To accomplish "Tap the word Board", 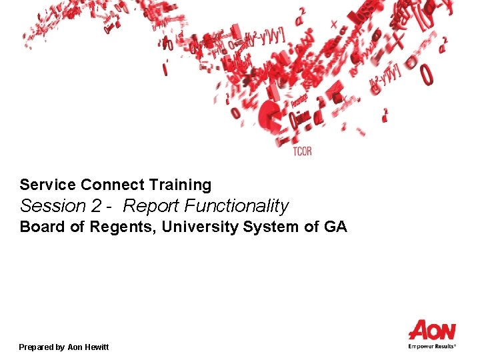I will coord(42,227).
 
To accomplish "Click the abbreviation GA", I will coord(335,227).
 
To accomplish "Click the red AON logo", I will coord(432,331).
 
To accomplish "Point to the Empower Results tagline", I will coord(432,346).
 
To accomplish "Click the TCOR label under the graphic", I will coord(302,152).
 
